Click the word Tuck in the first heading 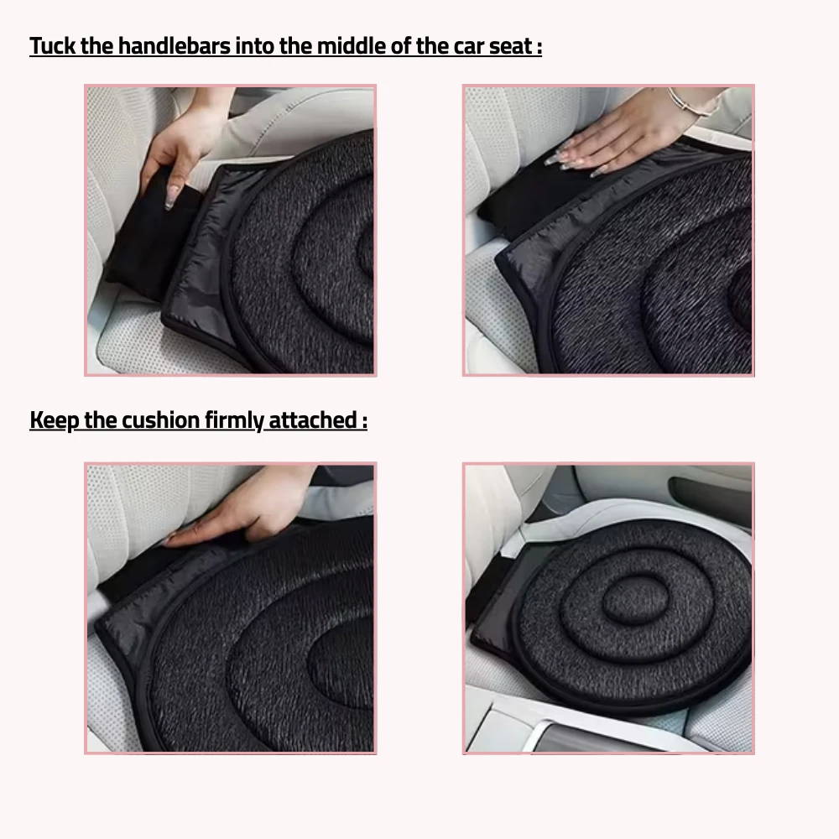point(53,46)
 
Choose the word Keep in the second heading point(54,420)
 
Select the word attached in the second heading point(312,420)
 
